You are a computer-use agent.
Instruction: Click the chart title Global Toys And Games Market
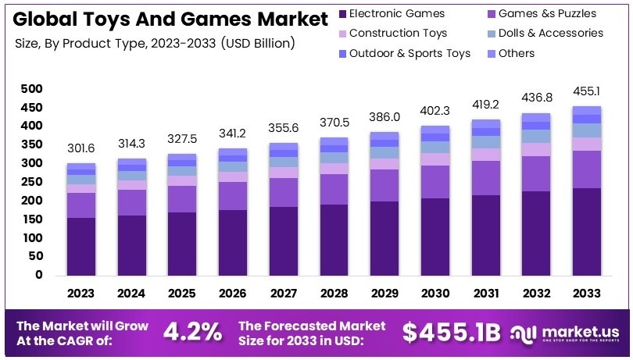click(x=161, y=16)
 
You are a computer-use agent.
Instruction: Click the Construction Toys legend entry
click(x=398, y=33)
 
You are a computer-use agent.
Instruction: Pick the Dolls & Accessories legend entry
click(x=550, y=33)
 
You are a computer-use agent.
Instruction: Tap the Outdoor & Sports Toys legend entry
click(x=409, y=53)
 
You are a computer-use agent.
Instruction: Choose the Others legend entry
click(x=516, y=53)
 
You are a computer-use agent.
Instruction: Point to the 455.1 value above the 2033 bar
click(x=587, y=90)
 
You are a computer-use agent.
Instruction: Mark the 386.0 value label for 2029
click(x=385, y=116)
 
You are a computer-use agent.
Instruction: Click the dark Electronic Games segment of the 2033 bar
click(x=587, y=231)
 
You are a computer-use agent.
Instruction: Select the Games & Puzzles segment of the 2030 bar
click(x=435, y=181)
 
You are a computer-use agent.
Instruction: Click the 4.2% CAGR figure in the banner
click(x=192, y=332)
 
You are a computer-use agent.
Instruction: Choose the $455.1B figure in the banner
click(x=451, y=332)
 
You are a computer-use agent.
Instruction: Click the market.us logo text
click(x=577, y=330)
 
